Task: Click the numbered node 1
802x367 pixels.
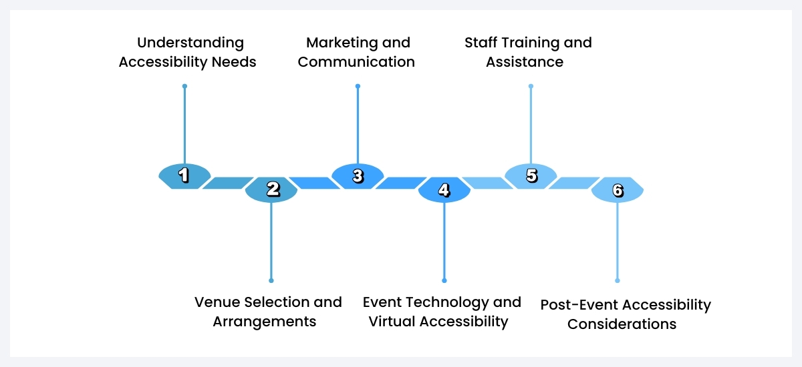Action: point(184,176)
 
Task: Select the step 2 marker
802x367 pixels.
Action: point(271,190)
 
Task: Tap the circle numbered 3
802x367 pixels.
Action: point(358,176)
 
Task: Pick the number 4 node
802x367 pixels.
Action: point(444,190)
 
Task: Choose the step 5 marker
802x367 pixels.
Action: point(531,176)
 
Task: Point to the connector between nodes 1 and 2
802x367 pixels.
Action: point(228,183)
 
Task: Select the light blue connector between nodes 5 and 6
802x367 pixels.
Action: point(574,183)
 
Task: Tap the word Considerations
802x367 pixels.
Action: point(622,325)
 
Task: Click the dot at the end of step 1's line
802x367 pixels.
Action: point(184,86)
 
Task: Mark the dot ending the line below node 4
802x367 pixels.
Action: point(444,280)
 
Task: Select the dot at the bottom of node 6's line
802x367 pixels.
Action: point(618,280)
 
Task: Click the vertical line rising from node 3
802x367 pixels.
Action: point(358,127)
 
